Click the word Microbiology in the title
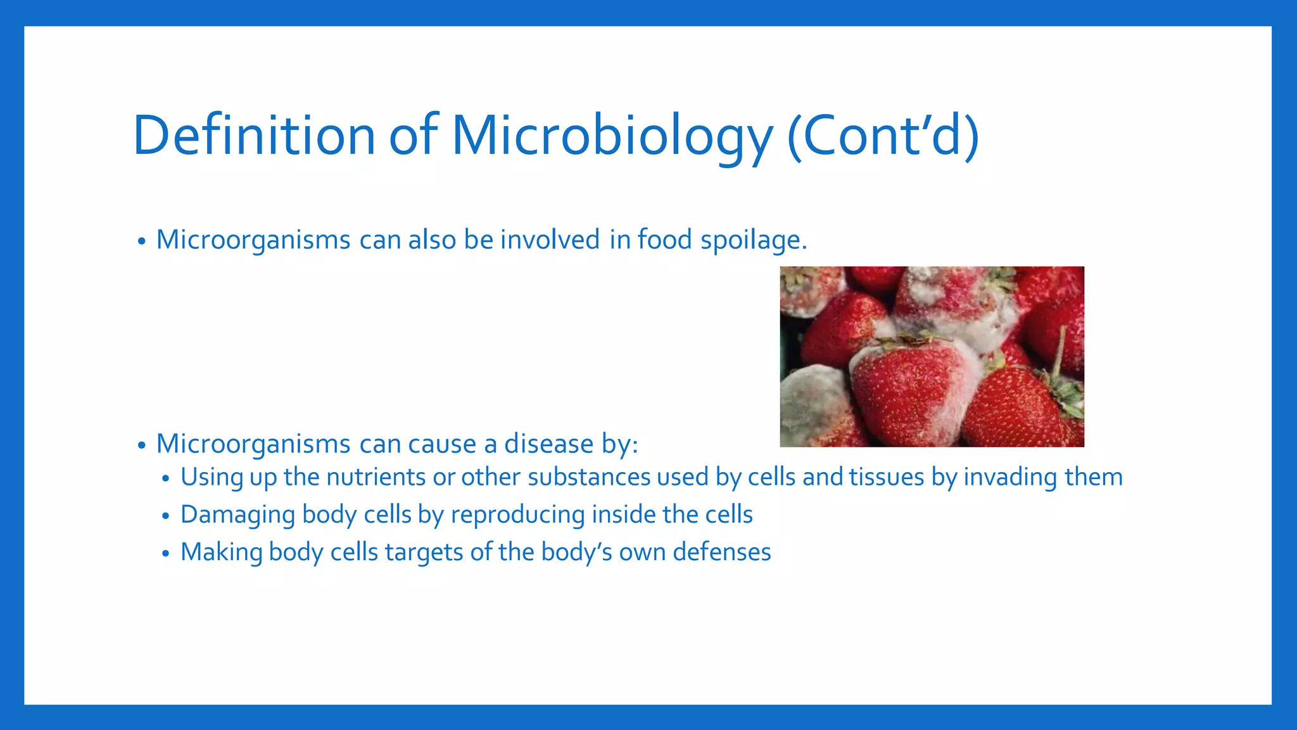click(612, 136)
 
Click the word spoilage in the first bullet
click(754, 240)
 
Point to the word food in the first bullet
click(664, 240)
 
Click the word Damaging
click(237, 515)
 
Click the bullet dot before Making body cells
click(165, 554)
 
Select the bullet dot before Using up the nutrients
click(165, 479)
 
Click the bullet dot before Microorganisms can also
click(141, 242)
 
